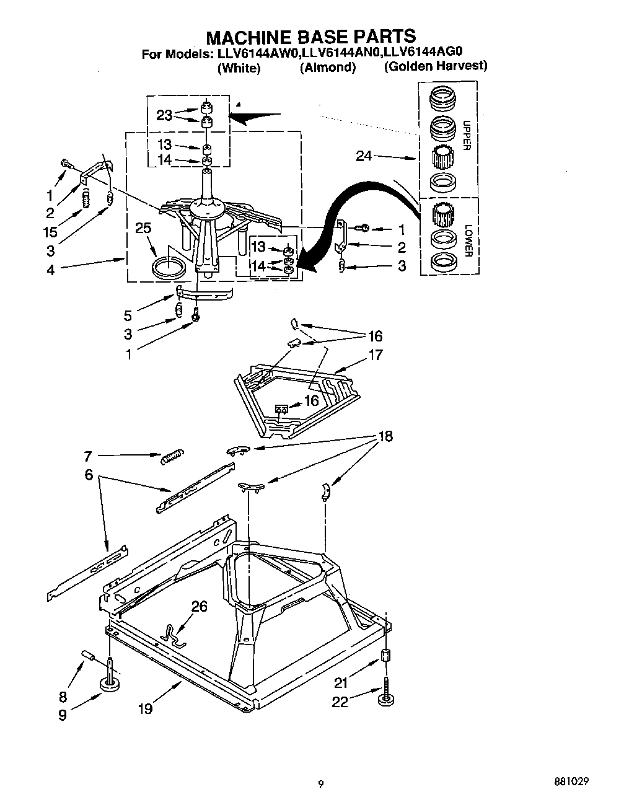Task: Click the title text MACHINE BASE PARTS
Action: [x=310, y=36]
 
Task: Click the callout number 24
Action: [x=364, y=156]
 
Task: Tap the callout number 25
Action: [x=143, y=229]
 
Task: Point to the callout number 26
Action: [x=199, y=606]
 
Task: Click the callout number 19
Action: [x=145, y=708]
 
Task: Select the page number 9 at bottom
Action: [x=320, y=783]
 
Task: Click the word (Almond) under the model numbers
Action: [x=328, y=68]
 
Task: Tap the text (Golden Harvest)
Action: [x=436, y=66]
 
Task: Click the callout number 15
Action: [x=50, y=232]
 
